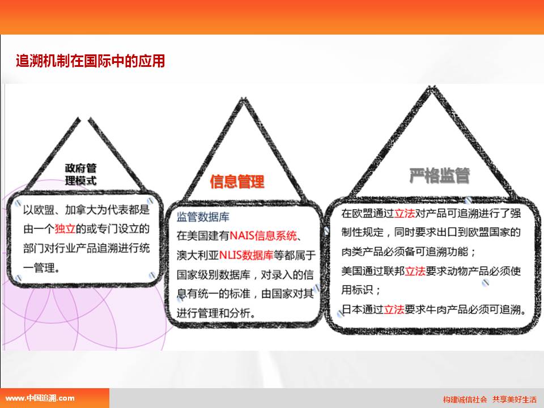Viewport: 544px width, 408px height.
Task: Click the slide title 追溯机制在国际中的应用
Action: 91,61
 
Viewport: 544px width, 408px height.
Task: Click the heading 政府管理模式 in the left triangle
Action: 80,175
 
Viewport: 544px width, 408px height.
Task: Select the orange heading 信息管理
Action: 237,182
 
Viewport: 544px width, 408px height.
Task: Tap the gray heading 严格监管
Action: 440,176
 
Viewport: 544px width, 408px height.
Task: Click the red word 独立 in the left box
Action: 65,228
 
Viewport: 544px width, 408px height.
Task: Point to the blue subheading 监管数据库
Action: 203,217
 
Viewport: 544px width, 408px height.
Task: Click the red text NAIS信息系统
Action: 263,236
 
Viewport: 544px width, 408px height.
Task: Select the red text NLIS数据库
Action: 246,256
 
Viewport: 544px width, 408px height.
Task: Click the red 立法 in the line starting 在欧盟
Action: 405,213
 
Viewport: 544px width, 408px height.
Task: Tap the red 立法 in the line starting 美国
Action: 415,271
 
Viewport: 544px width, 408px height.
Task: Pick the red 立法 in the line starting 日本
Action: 394,309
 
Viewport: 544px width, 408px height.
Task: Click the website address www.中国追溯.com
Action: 40,398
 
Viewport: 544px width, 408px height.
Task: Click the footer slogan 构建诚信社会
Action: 465,399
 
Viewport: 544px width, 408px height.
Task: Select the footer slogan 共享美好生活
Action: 515,399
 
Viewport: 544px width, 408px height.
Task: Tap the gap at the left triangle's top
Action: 84,120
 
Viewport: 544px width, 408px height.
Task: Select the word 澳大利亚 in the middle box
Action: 198,256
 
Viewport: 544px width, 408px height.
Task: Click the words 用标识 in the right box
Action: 358,290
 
